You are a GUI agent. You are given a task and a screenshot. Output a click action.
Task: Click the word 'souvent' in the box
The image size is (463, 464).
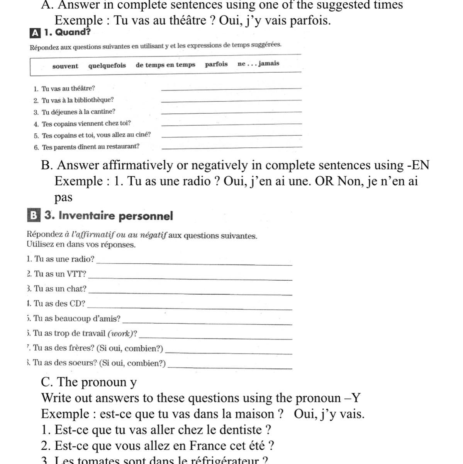pyautogui.click(x=65, y=66)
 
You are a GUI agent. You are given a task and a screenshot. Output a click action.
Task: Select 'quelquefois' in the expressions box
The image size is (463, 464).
pyautogui.click(x=107, y=65)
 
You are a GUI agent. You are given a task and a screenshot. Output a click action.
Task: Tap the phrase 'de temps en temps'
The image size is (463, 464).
pyautogui.click(x=165, y=65)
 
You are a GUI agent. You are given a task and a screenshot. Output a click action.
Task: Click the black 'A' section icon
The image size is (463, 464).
pyautogui.click(x=34, y=33)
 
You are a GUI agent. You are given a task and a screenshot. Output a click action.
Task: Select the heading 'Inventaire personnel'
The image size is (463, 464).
pyautogui.click(x=115, y=216)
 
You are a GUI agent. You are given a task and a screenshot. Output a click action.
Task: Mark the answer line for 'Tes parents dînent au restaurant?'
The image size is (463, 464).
pyautogui.click(x=232, y=147)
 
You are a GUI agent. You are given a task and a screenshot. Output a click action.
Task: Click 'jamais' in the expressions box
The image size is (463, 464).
pyautogui.click(x=269, y=63)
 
